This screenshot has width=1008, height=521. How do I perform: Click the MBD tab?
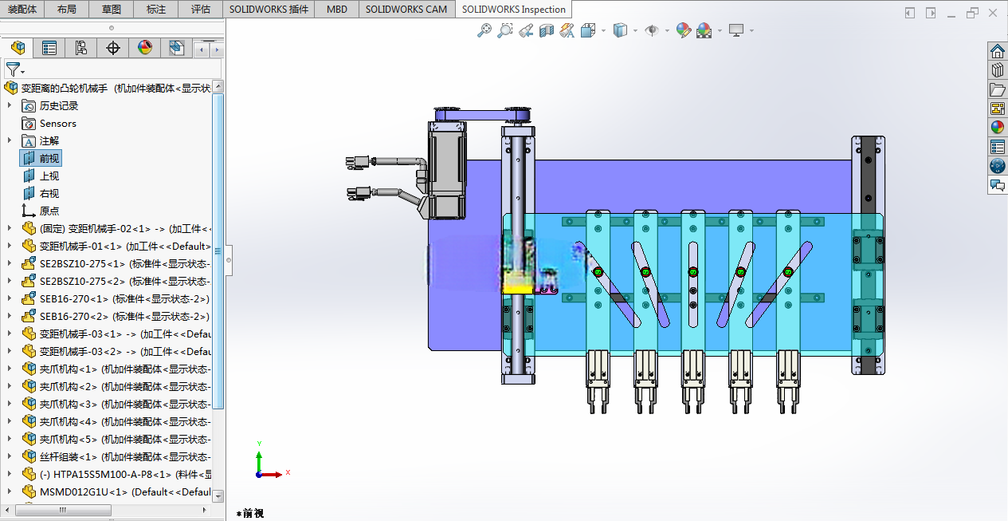[336, 9]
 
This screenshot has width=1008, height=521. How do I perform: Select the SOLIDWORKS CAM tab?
[406, 9]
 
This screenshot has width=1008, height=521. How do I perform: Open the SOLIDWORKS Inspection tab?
[513, 9]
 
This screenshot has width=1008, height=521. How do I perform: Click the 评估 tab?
[200, 9]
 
